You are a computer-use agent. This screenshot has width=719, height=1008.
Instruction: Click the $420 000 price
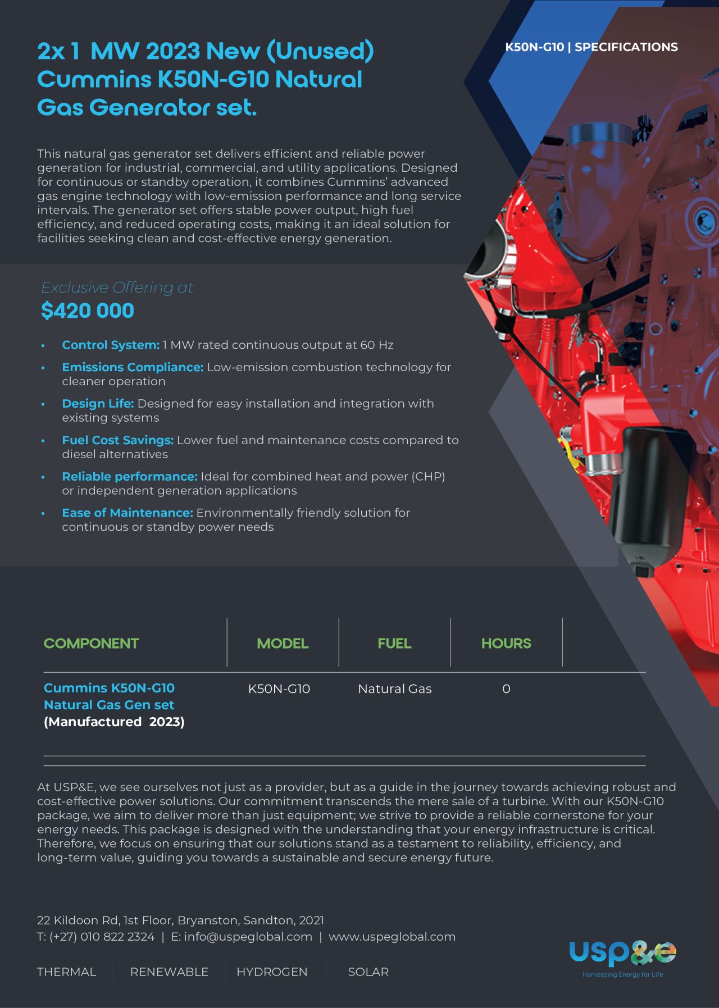pyautogui.click(x=88, y=311)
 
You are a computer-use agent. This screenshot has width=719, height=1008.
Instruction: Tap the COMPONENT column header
pyautogui.click(x=91, y=644)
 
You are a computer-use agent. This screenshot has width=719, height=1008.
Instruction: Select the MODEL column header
pyautogui.click(x=283, y=644)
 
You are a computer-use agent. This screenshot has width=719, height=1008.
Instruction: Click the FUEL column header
pyautogui.click(x=394, y=644)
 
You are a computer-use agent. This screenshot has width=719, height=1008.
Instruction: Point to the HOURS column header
pyautogui.click(x=506, y=644)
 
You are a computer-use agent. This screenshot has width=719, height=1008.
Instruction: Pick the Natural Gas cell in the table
pyautogui.click(x=394, y=689)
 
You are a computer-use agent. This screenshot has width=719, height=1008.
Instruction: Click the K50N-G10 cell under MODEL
pyautogui.click(x=279, y=689)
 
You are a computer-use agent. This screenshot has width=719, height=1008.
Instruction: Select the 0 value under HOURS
pyautogui.click(x=506, y=689)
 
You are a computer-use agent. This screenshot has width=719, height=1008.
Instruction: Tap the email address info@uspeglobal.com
pyautogui.click(x=248, y=937)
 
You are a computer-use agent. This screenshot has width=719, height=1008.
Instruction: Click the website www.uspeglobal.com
pyautogui.click(x=392, y=937)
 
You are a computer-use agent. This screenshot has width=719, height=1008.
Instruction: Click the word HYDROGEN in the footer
pyautogui.click(x=272, y=972)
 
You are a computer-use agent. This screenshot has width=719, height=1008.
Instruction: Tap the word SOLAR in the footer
pyautogui.click(x=368, y=972)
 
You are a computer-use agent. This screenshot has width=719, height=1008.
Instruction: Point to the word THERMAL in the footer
pyautogui.click(x=66, y=972)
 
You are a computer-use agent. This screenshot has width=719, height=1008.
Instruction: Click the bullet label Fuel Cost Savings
pyautogui.click(x=117, y=440)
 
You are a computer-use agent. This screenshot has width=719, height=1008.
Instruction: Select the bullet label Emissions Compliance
pyautogui.click(x=133, y=367)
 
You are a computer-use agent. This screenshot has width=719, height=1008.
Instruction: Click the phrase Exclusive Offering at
pyautogui.click(x=117, y=288)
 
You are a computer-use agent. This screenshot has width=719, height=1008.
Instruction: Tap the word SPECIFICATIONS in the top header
pyautogui.click(x=626, y=47)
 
